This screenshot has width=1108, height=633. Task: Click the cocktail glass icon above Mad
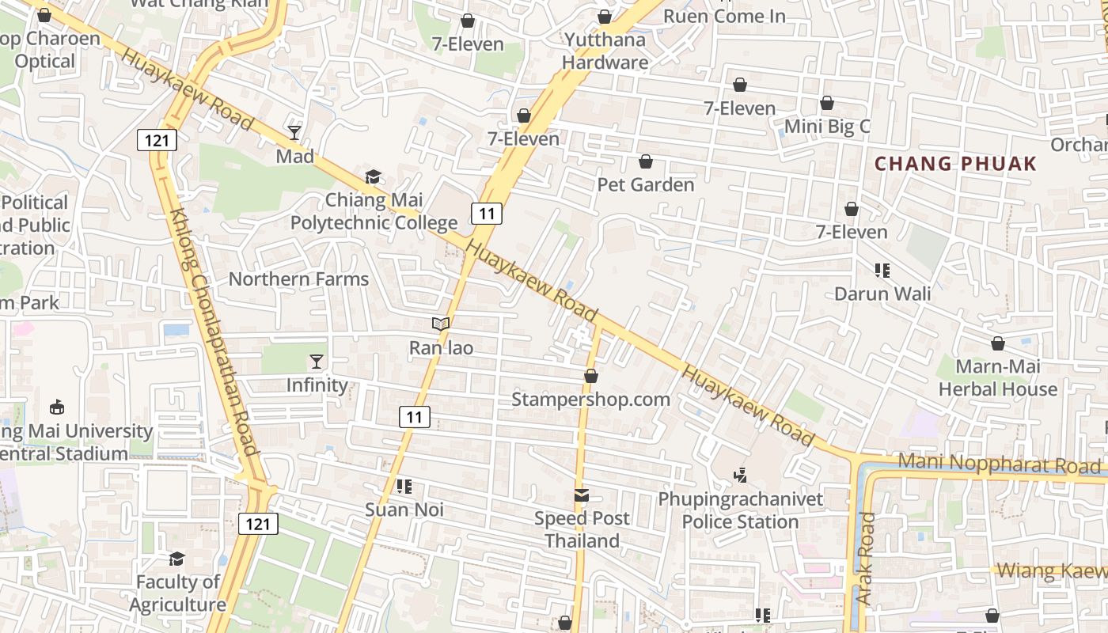294,132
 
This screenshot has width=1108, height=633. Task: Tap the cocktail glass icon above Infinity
317,362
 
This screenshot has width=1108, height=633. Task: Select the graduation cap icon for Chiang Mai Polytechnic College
372,176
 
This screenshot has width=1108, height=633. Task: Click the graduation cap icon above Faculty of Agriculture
177,559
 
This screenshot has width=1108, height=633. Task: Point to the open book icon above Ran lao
441,324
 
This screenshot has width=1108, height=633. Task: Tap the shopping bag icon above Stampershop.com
590,376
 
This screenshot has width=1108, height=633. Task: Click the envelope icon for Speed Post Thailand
582,495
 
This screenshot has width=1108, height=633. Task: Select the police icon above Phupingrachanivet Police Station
741,476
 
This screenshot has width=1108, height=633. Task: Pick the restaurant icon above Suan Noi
404,487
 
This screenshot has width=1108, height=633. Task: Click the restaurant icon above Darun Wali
882,271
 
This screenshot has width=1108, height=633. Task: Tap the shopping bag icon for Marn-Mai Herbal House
998,343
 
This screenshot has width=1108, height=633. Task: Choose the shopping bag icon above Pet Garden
646,161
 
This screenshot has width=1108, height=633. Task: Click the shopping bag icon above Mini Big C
827,103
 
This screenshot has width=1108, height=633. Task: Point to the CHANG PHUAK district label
955,164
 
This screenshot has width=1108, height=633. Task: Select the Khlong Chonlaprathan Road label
214,332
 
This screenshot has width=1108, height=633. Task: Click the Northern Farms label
298,279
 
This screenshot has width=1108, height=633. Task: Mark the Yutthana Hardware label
605,51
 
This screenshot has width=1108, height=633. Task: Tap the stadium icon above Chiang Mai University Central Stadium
57,407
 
